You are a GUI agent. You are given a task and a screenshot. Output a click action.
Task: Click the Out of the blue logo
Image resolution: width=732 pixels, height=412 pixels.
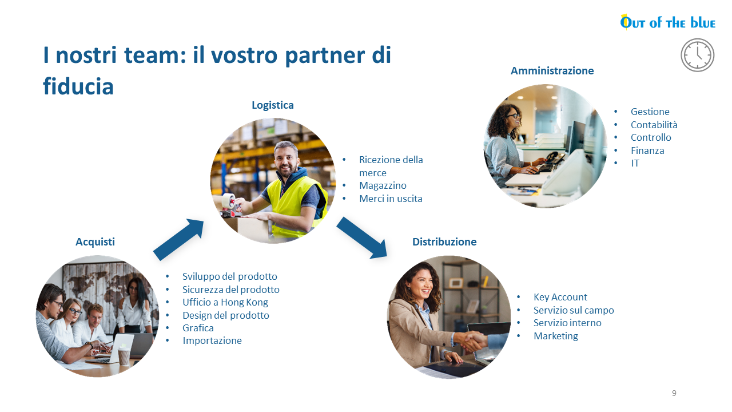pos(667,22)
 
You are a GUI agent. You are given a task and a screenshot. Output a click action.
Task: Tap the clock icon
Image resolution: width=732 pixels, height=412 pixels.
pos(697,55)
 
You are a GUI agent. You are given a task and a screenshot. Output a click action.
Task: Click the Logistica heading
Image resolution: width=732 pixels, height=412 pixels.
pos(273,105)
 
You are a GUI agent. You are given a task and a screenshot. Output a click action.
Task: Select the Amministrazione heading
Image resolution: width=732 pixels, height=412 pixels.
pos(552,70)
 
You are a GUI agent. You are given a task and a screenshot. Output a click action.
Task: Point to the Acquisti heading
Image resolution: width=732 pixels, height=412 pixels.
pos(95,242)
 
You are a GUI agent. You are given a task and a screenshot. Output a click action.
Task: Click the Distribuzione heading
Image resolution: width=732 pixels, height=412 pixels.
pos(444,242)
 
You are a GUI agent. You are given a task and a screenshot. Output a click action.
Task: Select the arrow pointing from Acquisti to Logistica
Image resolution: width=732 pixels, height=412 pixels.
pos(178,239)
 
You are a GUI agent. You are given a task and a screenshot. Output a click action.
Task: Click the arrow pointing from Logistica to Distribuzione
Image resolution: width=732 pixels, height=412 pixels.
pos(362,237)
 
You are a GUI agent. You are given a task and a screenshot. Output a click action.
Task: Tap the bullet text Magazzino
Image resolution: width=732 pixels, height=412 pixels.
pos(383,186)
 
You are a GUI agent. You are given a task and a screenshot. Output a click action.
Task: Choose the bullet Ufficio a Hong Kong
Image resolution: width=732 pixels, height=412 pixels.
pos(225,303)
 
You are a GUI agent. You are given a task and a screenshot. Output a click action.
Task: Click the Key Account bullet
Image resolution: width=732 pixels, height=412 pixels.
pos(560,297)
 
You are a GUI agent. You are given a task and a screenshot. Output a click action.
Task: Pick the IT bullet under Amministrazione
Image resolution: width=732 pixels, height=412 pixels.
pos(635,163)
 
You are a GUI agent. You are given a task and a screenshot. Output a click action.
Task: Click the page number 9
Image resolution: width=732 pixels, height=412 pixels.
pos(674,393)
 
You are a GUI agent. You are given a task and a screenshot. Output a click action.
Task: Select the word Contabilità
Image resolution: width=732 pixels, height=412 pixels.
pos(654,125)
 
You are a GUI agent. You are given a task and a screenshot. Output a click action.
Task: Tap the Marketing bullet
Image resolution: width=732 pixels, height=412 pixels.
pos(555,336)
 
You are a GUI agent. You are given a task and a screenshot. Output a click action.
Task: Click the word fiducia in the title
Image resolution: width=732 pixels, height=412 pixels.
pos(78,86)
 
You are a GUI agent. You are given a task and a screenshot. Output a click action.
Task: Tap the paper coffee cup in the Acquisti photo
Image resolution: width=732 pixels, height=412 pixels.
pos(124,355)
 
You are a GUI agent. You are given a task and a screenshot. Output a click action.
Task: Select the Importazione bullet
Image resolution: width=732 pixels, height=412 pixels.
pos(212,340)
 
